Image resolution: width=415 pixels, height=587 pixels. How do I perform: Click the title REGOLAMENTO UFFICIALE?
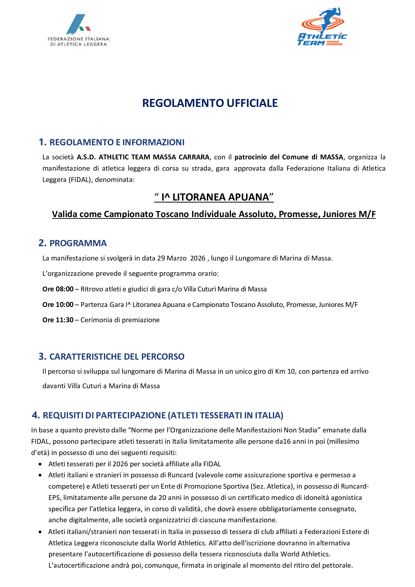[210, 103]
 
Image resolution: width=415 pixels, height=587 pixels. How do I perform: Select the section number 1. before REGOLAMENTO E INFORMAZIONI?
[42, 142]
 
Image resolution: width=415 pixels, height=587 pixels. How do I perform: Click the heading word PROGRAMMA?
[78, 243]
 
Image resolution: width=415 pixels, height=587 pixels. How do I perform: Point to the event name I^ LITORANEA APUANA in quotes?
[214, 197]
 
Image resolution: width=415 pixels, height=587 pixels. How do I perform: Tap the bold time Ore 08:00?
[58, 289]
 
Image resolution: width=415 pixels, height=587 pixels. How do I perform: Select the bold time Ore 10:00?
[58, 305]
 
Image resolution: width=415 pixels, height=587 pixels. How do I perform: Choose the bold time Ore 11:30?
[58, 320]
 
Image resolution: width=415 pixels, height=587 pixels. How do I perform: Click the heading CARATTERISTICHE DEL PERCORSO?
[117, 357]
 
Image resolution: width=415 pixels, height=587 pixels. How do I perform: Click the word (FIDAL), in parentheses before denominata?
[80, 180]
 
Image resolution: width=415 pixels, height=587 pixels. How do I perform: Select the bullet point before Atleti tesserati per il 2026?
[40, 464]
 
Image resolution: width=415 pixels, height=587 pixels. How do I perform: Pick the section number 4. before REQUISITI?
[36, 415]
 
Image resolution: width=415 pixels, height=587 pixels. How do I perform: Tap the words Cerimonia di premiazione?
[120, 320]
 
